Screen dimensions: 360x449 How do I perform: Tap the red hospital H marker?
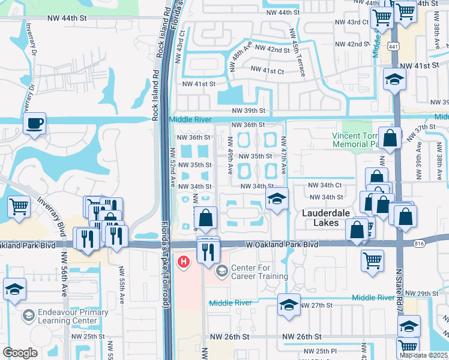coord(184,262)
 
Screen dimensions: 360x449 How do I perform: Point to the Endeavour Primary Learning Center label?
coord(64,316)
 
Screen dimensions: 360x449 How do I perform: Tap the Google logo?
coord(20,353)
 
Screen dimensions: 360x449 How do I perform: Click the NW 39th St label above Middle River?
coord(250,111)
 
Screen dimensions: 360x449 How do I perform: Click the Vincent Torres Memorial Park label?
coord(358,140)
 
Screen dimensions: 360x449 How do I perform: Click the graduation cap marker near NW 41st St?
coord(394,79)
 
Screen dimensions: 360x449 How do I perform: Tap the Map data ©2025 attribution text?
coord(424,355)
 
